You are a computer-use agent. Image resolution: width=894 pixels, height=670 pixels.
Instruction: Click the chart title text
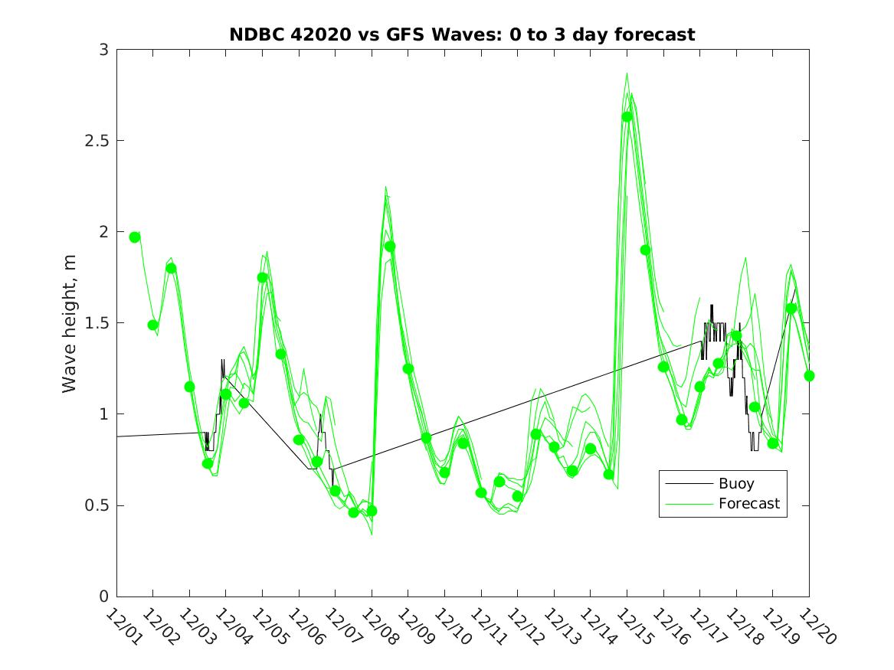tap(462, 34)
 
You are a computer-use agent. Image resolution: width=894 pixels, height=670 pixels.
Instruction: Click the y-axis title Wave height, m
tap(70, 322)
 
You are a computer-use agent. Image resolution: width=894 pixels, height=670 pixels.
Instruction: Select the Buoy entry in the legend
tap(735, 483)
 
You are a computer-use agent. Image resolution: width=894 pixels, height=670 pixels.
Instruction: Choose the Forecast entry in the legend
tap(748, 503)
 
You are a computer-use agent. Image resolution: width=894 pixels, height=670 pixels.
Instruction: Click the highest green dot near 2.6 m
tap(627, 116)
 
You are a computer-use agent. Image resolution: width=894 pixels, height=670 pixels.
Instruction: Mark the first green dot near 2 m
tap(135, 237)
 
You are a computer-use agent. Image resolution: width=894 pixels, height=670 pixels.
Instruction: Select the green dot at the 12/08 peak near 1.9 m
tap(390, 247)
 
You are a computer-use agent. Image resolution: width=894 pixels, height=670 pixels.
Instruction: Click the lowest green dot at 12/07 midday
tap(353, 512)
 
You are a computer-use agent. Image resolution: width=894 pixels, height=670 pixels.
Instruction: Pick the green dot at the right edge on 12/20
tap(809, 376)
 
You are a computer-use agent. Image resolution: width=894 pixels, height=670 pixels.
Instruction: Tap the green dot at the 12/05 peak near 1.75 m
tap(262, 278)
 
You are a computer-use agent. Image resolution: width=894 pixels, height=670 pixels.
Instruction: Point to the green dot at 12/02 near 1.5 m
tap(152, 325)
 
